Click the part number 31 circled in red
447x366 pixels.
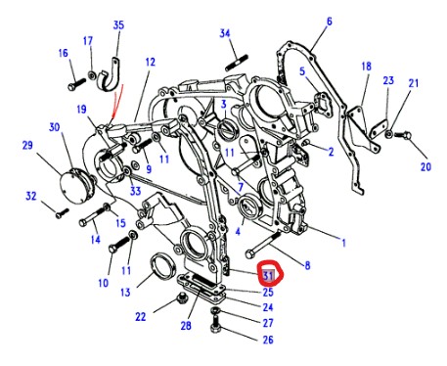(268, 276)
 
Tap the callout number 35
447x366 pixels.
(118, 25)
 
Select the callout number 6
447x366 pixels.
(330, 22)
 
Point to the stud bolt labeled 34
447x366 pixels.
(237, 63)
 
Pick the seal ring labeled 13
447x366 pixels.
(163, 266)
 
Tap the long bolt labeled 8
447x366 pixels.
(263, 245)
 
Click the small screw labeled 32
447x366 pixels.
(62, 213)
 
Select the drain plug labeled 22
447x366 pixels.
(181, 298)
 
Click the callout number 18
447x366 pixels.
(366, 67)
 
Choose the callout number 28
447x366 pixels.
(186, 325)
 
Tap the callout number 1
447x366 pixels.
(343, 243)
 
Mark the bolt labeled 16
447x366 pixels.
(76, 84)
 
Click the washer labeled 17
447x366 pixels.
(92, 75)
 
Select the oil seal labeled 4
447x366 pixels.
(249, 206)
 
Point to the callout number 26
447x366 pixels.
(268, 340)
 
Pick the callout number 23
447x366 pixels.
(388, 80)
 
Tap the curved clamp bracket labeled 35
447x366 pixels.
(110, 76)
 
